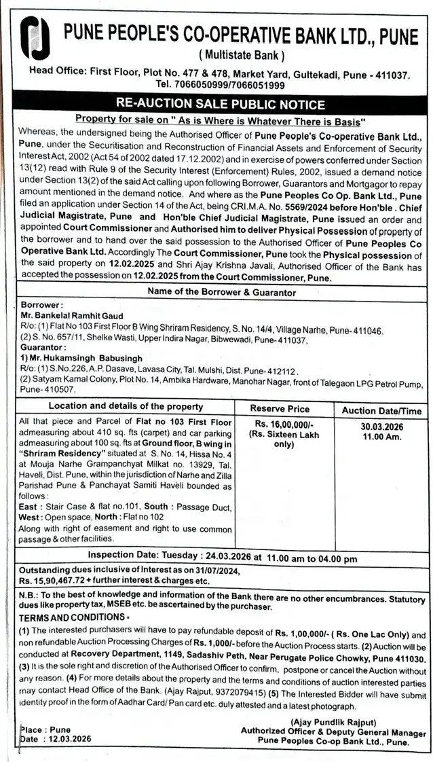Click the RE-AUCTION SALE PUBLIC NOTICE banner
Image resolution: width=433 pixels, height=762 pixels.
(x=221, y=104)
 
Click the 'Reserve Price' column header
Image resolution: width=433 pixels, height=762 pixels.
(x=280, y=409)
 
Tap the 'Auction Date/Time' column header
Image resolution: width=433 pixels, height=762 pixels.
(x=381, y=411)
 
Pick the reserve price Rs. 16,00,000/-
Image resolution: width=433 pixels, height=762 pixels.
(x=280, y=422)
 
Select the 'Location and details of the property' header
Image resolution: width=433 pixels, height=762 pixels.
(x=126, y=407)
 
